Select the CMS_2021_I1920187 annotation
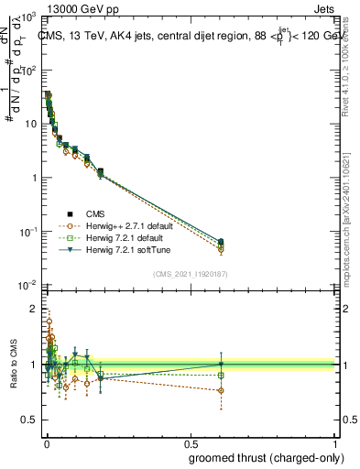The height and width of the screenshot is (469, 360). click(x=190, y=273)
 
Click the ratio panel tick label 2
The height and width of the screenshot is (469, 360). click(x=35, y=309)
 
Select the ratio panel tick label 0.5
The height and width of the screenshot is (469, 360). click(x=29, y=421)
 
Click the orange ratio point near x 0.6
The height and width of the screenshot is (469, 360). click(x=220, y=390)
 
